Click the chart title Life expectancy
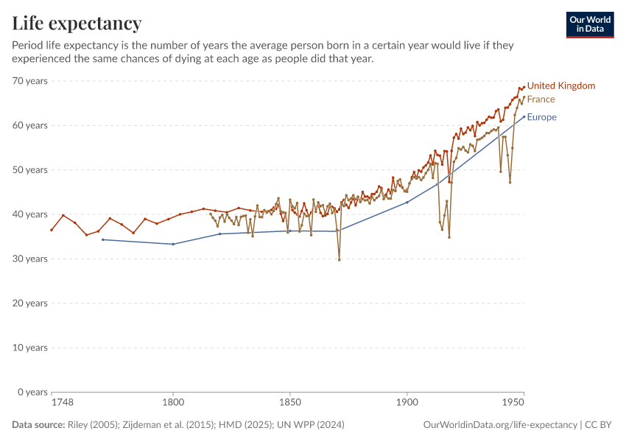click(x=77, y=24)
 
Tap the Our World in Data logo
click(x=589, y=24)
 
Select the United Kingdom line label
click(x=560, y=86)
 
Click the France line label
click(x=541, y=99)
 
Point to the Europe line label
click(x=541, y=117)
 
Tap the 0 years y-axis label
click(x=32, y=392)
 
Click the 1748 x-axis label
click(x=62, y=404)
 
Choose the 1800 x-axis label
click(x=173, y=404)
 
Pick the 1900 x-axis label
click(x=407, y=404)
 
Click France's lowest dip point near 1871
click(x=339, y=259)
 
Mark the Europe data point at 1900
click(x=407, y=202)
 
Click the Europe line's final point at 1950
click(x=524, y=116)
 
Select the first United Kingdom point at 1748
click(x=52, y=230)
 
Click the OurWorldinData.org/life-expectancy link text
click(x=500, y=425)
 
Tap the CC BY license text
click(x=599, y=425)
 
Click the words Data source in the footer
click(x=38, y=425)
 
